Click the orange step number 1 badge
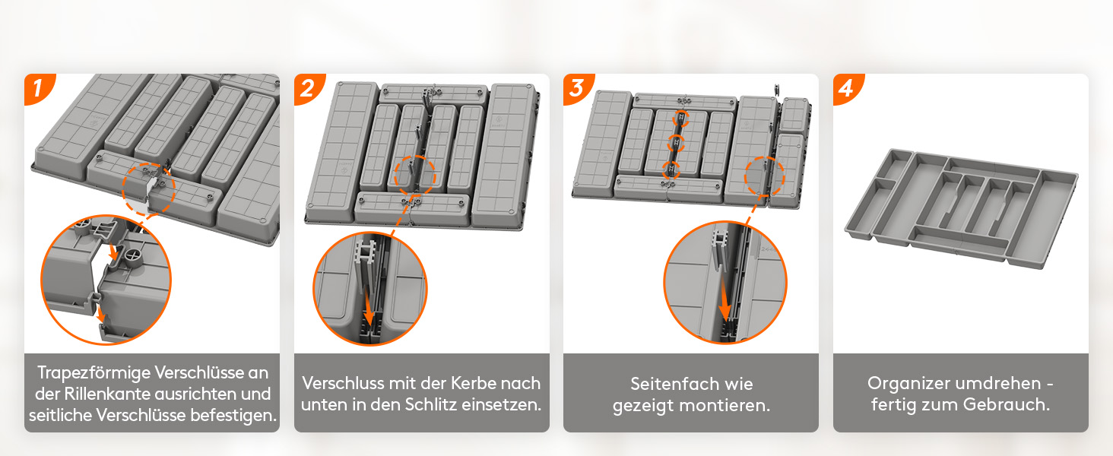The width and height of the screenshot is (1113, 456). click(x=38, y=88)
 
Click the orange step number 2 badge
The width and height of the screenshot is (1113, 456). click(x=308, y=88)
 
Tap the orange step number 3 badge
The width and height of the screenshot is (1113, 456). click(x=577, y=88)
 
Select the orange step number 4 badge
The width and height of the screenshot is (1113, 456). click(x=847, y=88)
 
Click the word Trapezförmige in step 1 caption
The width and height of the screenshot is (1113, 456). click(x=93, y=373)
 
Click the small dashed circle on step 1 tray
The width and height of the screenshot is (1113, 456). click(x=149, y=189)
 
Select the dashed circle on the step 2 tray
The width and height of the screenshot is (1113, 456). click(x=414, y=176)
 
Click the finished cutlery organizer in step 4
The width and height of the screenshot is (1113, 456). click(x=962, y=209)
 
